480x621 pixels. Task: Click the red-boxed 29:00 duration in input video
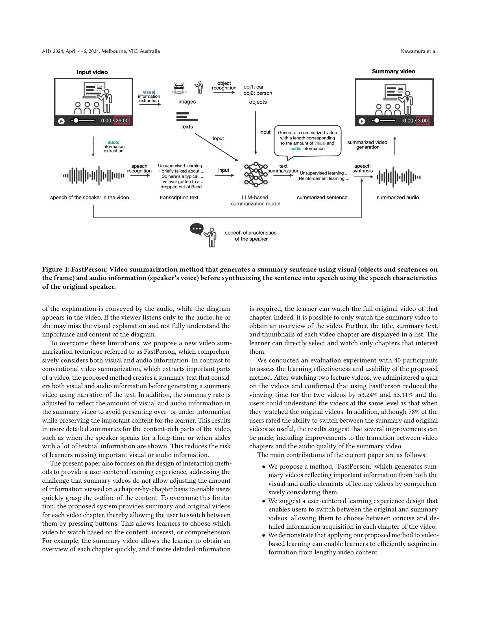(122, 121)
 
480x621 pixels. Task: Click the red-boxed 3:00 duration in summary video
(422, 121)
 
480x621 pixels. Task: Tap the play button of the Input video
(61, 121)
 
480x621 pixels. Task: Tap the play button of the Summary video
(362, 121)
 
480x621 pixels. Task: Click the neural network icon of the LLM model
(256, 174)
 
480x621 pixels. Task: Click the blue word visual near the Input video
(149, 92)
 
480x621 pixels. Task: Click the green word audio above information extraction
(114, 142)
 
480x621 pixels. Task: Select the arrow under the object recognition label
(224, 92)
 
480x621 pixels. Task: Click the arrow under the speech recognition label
(139, 176)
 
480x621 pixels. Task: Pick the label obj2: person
(258, 93)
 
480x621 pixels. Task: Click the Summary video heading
(393, 71)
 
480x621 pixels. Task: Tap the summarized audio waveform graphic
(398, 177)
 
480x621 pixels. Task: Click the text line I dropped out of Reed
(182, 187)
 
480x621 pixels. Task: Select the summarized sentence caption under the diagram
(322, 197)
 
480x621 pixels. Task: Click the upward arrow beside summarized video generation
(395, 146)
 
